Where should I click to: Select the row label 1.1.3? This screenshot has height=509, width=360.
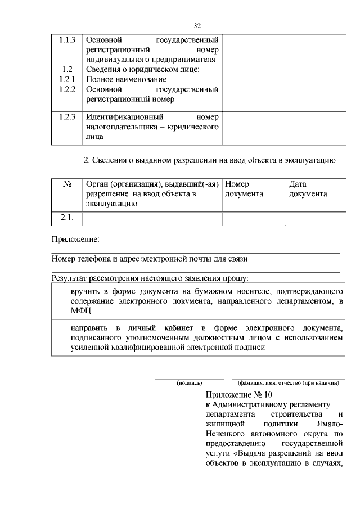click(x=67, y=40)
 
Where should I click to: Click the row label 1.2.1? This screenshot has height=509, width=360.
click(x=67, y=79)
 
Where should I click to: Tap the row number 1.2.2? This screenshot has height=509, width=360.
click(x=67, y=89)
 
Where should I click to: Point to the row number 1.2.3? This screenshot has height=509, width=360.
click(x=67, y=118)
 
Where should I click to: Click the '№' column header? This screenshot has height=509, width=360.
click(x=67, y=184)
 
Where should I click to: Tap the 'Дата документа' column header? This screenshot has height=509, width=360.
click(x=308, y=189)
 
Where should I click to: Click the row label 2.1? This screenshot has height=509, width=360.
click(x=67, y=218)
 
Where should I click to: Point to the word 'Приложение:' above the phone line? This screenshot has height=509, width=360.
click(x=75, y=240)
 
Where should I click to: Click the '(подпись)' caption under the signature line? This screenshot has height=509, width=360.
click(x=189, y=383)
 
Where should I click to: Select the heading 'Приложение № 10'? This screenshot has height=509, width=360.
click(x=238, y=394)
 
